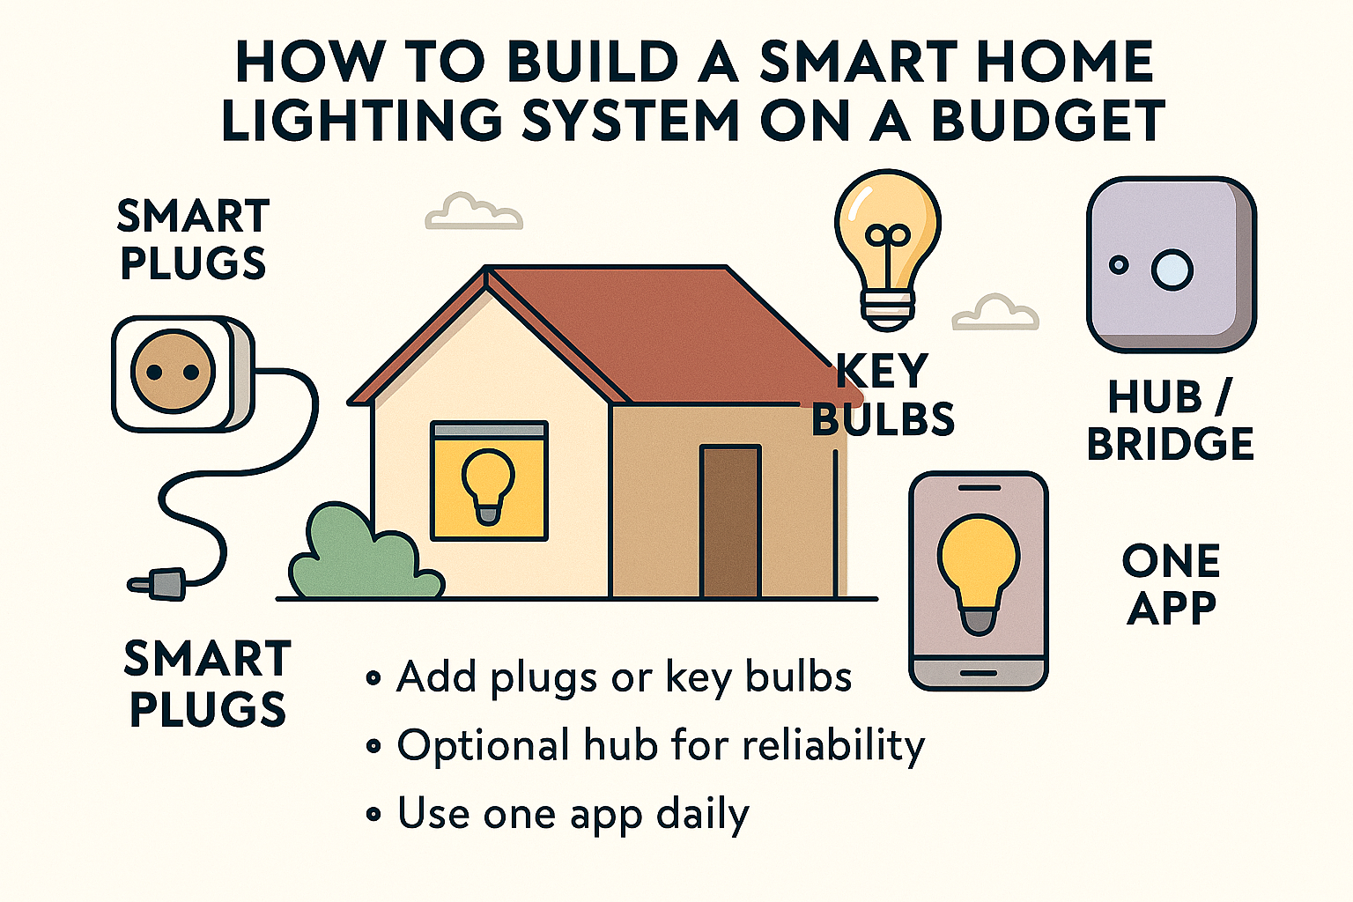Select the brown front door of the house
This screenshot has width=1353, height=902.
tap(730, 521)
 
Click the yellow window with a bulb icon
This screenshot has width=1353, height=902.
tap(489, 481)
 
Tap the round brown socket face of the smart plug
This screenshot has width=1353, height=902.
tap(173, 372)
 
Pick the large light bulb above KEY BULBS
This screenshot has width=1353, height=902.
tap(887, 238)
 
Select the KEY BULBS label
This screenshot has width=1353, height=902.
tap(883, 396)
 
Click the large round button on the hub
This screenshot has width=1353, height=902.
tap(1172, 270)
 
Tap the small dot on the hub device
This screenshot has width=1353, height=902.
tap(1119, 264)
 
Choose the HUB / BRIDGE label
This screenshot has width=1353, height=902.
tap(1171, 421)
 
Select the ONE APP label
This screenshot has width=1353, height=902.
tap(1171, 584)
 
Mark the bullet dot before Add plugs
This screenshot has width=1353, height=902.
tap(373, 678)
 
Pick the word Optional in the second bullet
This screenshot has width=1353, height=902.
tap(483, 747)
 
